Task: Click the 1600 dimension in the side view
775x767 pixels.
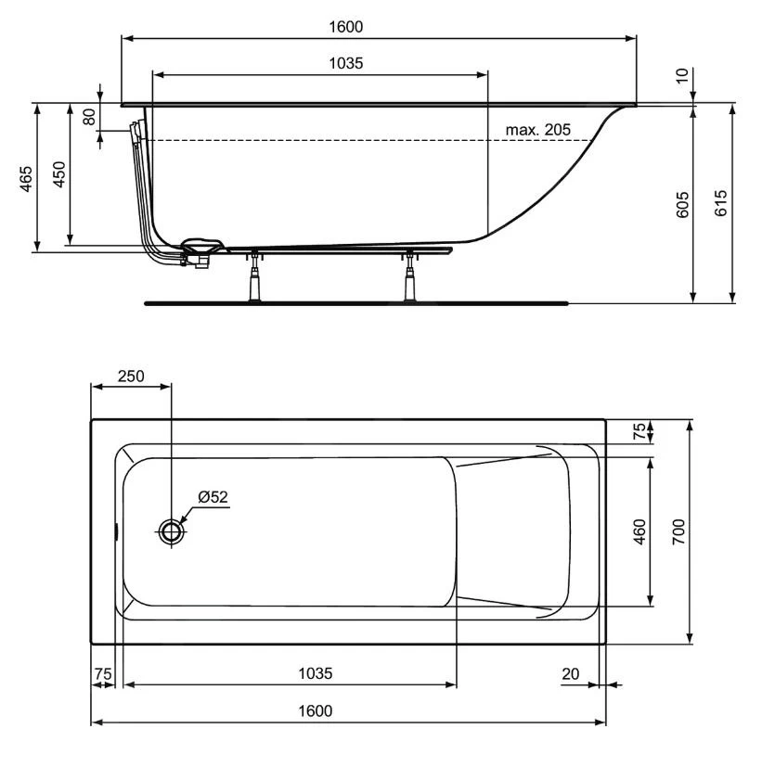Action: pos(345,27)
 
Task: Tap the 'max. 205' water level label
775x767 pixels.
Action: pos(538,129)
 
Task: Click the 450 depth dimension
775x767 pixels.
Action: pos(58,174)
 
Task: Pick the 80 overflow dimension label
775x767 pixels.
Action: pos(89,119)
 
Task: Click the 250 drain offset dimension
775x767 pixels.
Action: pos(130,376)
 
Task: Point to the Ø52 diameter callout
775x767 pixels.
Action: pos(213,497)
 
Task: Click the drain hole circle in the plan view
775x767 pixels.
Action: pos(172,532)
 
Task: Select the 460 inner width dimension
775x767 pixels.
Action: pos(639,533)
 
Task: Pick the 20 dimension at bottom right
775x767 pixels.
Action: pos(572,673)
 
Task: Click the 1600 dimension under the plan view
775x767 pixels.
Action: pos(316,710)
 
